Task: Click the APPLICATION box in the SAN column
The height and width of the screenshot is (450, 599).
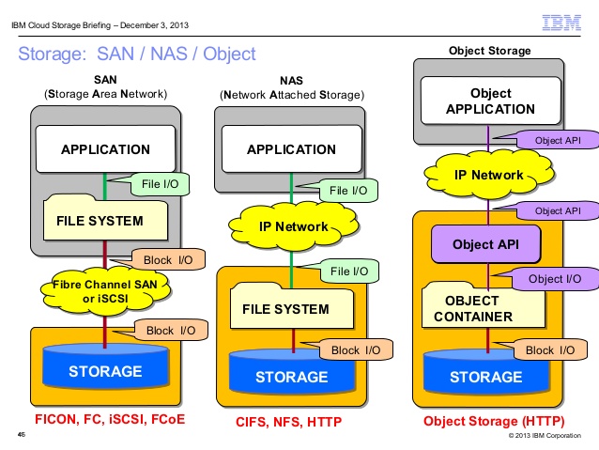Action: [x=105, y=149]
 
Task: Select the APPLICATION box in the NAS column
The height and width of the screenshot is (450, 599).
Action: [x=291, y=149]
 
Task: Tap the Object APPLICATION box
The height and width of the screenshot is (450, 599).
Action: [x=490, y=101]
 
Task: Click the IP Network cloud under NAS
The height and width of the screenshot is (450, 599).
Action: [x=293, y=226]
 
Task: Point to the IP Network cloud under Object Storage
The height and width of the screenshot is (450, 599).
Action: [x=488, y=175]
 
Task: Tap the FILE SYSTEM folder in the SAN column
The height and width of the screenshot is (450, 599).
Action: [x=95, y=220]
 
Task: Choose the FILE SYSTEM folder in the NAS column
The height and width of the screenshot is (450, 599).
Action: [x=285, y=307]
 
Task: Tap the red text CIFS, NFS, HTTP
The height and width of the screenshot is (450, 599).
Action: [x=289, y=422]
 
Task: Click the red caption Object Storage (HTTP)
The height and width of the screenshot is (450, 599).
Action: [x=487, y=422]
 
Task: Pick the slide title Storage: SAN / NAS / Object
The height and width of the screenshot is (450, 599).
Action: [x=136, y=54]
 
